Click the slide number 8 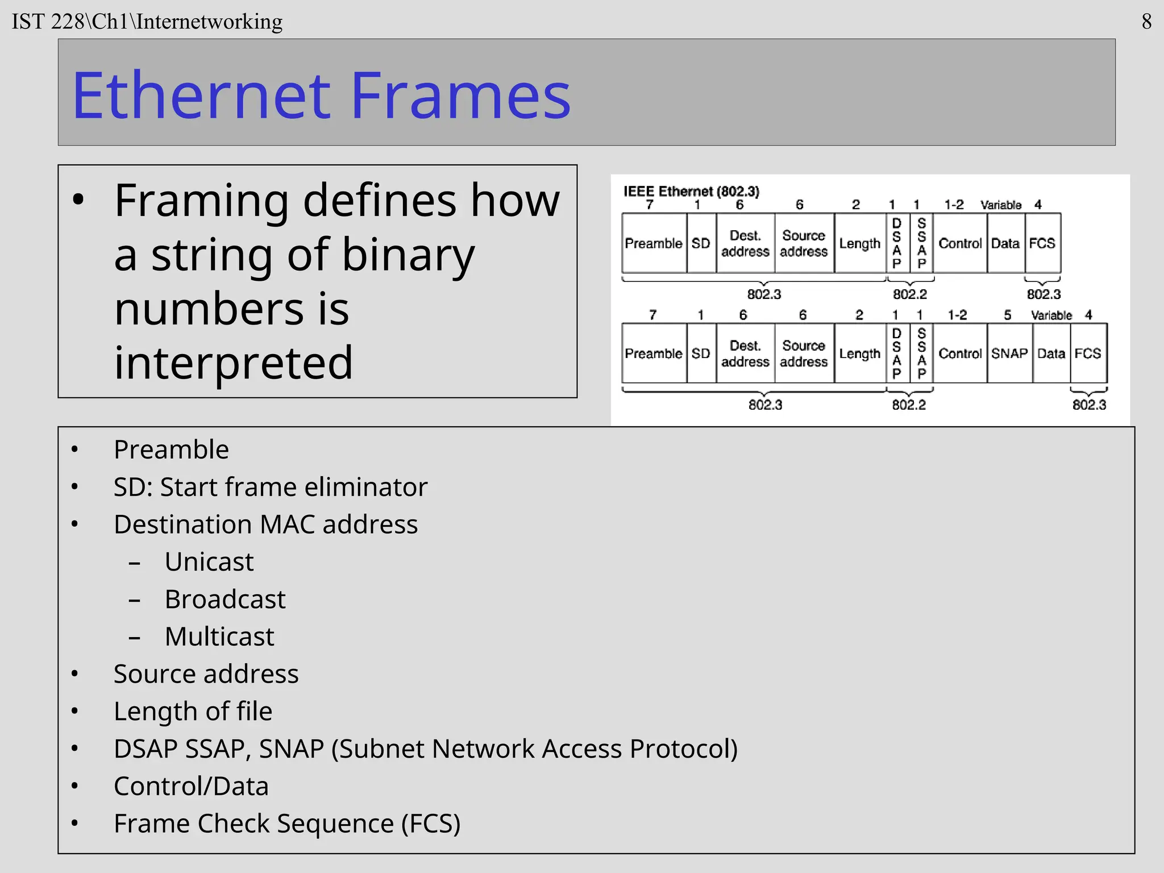pos(1146,22)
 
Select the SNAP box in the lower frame pos(1009,354)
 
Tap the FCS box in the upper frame pos(1042,243)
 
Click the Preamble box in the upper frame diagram pos(654,243)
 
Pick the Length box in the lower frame pos(859,354)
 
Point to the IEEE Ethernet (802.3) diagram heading pos(691,191)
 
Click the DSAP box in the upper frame pos(897,243)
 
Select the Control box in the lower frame pos(960,354)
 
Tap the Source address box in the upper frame pos(804,243)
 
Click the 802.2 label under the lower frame pos(909,405)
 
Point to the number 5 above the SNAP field pos(1008,315)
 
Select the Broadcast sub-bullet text pos(225,599)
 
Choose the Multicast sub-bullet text pos(219,637)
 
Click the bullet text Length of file pos(193,712)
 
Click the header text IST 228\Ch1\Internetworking pos(147,22)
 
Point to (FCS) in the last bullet pos(430,824)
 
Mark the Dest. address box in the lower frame pos(745,354)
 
